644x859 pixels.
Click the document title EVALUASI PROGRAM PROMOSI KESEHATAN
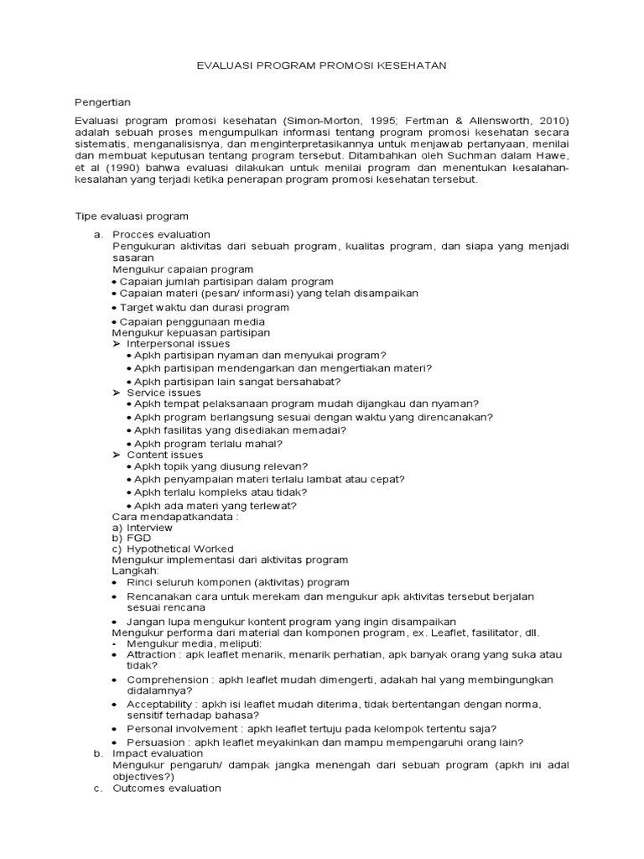coord(322,65)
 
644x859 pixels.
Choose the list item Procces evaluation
coord(161,234)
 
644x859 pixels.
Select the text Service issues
coord(164,392)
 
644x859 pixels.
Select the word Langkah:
coord(134,570)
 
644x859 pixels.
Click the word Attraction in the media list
coord(151,653)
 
